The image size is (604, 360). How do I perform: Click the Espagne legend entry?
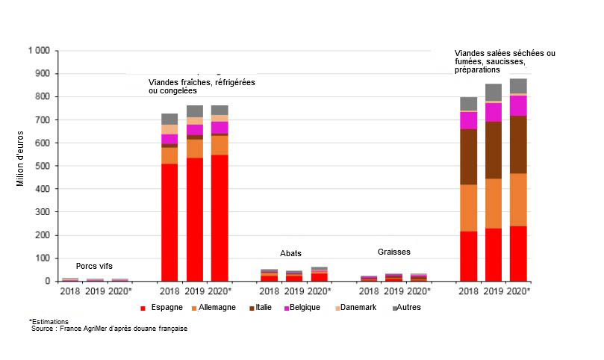tap(161, 307)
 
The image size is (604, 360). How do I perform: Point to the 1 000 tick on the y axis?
tap(38, 51)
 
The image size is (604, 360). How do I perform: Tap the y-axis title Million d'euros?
tap(20, 167)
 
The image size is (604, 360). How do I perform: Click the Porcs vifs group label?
tap(94, 267)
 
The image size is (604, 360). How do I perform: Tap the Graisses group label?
tap(393, 252)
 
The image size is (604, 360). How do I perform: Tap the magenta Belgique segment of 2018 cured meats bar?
tap(468, 120)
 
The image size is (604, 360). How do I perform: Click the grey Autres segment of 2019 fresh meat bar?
tap(194, 111)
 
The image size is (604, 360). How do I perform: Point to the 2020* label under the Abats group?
tap(320, 291)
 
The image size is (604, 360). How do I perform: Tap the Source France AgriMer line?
tap(109, 329)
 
